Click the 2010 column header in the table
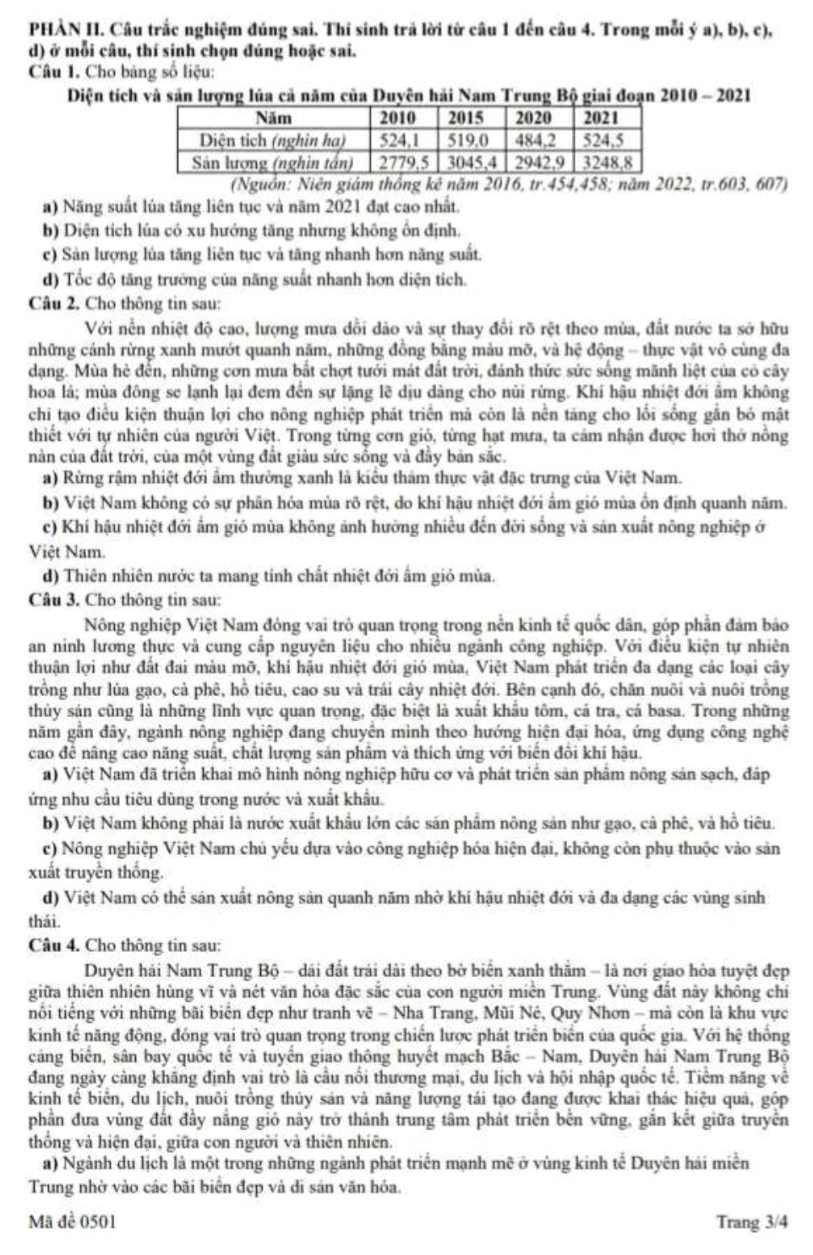402,118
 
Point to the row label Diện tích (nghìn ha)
272,139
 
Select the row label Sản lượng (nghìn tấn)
272,160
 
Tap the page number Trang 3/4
752,1221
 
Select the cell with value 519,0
471,139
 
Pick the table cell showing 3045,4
471,160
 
